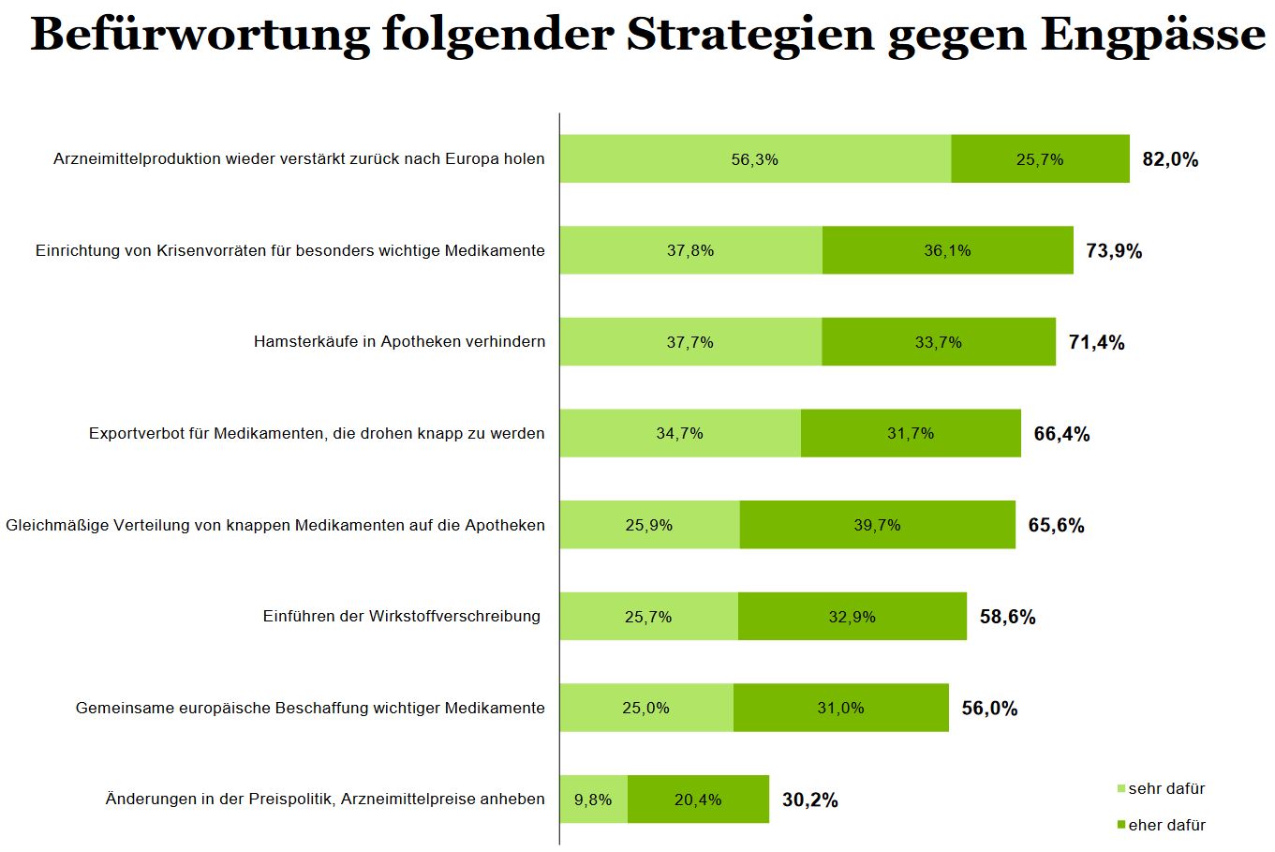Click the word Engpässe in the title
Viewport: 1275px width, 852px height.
[1152, 36]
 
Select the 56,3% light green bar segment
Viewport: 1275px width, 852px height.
[755, 159]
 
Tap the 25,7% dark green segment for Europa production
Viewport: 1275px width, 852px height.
[1040, 159]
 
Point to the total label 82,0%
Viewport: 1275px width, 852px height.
[1170, 159]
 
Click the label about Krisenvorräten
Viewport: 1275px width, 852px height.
[290, 250]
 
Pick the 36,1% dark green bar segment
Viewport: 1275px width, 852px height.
[947, 250]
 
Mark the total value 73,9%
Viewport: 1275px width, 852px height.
[1114, 251]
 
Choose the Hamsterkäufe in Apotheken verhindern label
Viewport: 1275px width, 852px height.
[399, 341]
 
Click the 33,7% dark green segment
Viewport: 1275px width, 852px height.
[939, 342]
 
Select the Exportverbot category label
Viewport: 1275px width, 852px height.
[317, 433]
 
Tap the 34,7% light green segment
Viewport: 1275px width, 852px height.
[680, 433]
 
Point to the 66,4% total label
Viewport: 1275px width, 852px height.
[1061, 434]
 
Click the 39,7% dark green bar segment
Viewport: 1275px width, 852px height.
[877, 525]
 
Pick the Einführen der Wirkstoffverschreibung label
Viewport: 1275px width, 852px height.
[402, 616]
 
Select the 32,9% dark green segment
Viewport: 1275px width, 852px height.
[852, 617]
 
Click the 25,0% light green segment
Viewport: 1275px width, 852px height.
[646, 708]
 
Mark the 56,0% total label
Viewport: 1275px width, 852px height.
[989, 709]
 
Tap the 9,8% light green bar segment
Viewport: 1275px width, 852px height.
[593, 800]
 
